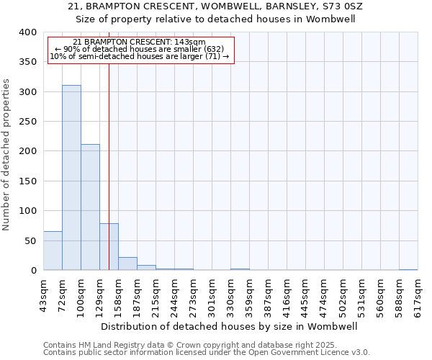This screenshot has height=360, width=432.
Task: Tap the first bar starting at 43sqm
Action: [53, 251]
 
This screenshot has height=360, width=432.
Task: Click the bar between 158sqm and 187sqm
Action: [127, 264]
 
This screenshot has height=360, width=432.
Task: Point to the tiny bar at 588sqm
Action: [408, 269]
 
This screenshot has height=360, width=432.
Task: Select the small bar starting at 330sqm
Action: [240, 269]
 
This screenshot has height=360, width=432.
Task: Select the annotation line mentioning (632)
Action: [140, 49]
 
